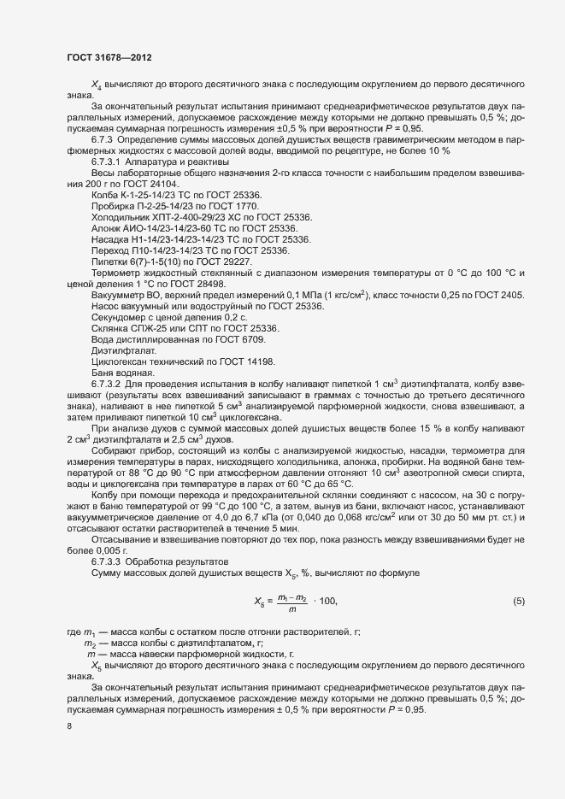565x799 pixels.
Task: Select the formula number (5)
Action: (x=519, y=601)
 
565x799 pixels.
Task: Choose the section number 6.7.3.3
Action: (x=108, y=561)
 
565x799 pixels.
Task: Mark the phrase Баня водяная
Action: (x=122, y=372)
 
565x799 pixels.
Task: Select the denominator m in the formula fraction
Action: (x=292, y=608)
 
